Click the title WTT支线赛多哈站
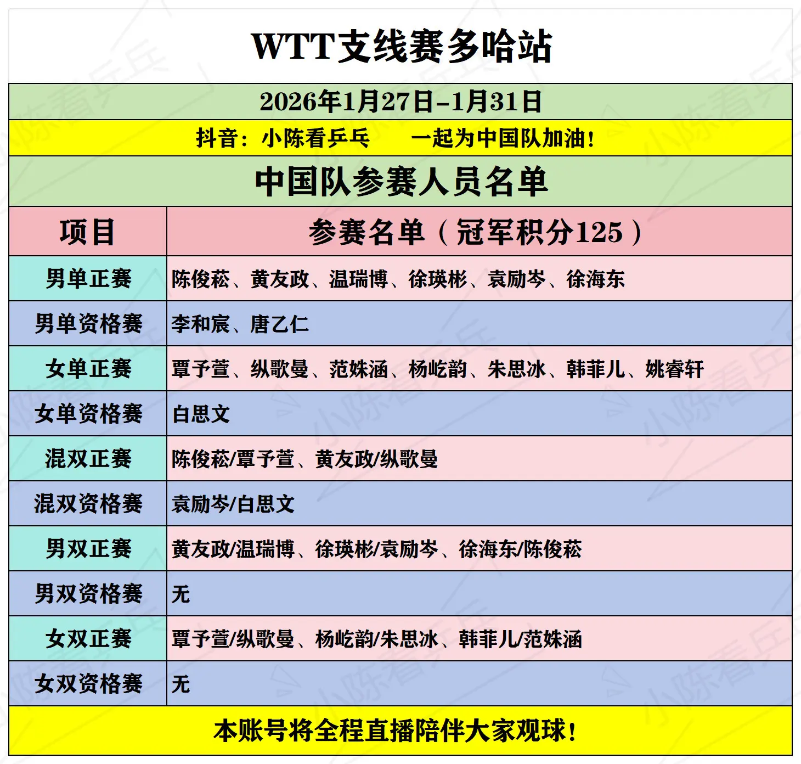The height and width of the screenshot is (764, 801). point(401,46)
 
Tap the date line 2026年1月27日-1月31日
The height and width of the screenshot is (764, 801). point(401,102)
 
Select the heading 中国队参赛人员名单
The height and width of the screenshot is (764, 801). point(401,181)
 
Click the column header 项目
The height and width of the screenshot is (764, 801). point(88,232)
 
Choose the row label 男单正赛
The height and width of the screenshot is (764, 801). point(88,278)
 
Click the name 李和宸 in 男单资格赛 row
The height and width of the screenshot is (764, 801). point(200,324)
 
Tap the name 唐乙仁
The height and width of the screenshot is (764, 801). point(279,324)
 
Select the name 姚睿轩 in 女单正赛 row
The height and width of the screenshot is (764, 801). point(674,369)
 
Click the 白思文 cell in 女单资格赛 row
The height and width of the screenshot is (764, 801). point(201,414)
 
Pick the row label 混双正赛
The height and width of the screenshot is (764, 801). point(88,458)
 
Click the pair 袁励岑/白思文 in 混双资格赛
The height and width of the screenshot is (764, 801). point(233,504)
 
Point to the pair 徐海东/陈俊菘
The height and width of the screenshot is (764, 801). point(520,549)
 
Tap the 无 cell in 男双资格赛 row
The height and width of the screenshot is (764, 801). point(181,594)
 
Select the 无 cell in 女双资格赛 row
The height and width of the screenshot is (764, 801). point(181,684)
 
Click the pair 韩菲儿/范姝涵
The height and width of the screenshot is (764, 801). point(520,639)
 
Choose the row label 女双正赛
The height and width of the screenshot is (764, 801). point(88,638)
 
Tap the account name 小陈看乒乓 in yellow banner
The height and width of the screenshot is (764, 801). point(315,138)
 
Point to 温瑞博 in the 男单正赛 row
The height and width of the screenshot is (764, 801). point(358,279)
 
